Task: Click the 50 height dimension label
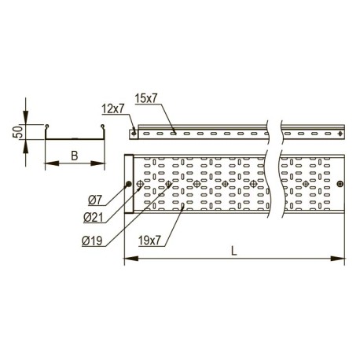click(17, 133)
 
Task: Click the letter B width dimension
click(74, 155)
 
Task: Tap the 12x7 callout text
click(112, 108)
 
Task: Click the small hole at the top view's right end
click(340, 185)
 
